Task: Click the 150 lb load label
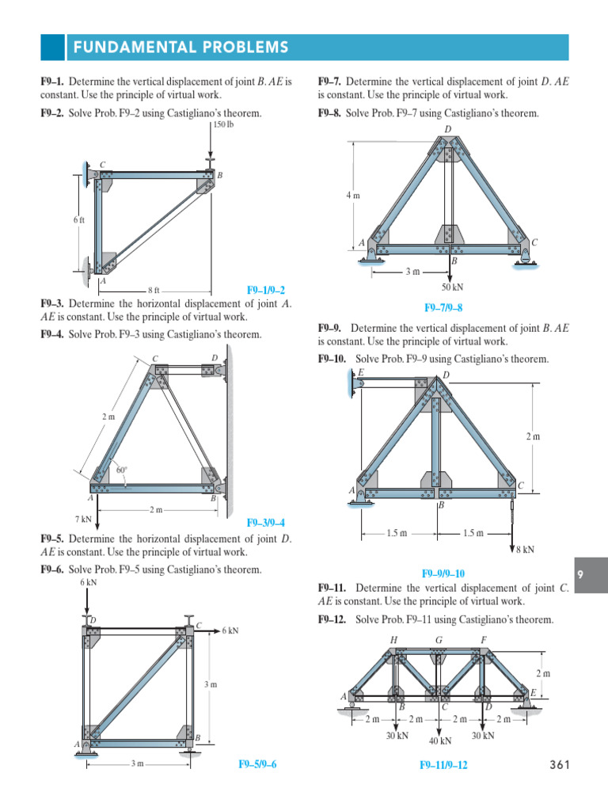[x=224, y=124]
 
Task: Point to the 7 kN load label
[x=84, y=520]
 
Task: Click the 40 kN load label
[x=440, y=741]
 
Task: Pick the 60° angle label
[x=122, y=470]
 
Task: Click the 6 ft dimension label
[x=78, y=220]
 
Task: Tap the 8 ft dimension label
[x=154, y=291]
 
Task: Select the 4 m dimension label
[x=353, y=195]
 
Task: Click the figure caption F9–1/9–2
[x=266, y=291]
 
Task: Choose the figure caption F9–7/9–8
[x=443, y=307]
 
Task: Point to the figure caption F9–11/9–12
[x=443, y=766]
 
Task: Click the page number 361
[x=559, y=764]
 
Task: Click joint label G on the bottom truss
[x=439, y=639]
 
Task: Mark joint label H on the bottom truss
[x=393, y=639]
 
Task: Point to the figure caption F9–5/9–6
[x=257, y=764]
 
